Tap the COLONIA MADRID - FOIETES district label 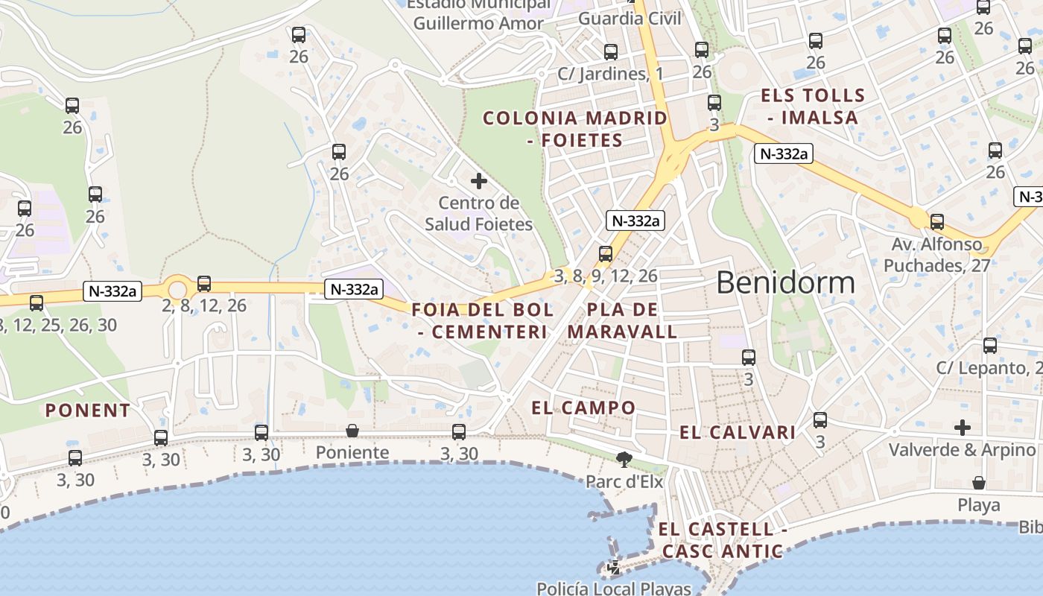[x=575, y=129]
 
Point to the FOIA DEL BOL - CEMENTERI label [x=483, y=320]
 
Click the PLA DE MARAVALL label [x=623, y=320]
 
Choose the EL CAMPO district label [x=583, y=408]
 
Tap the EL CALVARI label [x=738, y=432]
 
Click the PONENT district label [x=88, y=410]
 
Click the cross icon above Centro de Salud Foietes [x=479, y=181]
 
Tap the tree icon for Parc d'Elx [x=624, y=459]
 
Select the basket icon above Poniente [x=352, y=431]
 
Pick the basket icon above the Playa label [x=979, y=483]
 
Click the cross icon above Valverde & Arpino [x=963, y=428]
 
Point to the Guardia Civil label [x=630, y=19]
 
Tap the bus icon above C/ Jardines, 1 [x=611, y=51]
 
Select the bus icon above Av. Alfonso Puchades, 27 [x=937, y=221]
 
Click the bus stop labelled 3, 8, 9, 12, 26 [x=606, y=254]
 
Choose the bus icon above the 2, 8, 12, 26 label [x=204, y=284]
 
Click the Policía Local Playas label [x=614, y=588]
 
